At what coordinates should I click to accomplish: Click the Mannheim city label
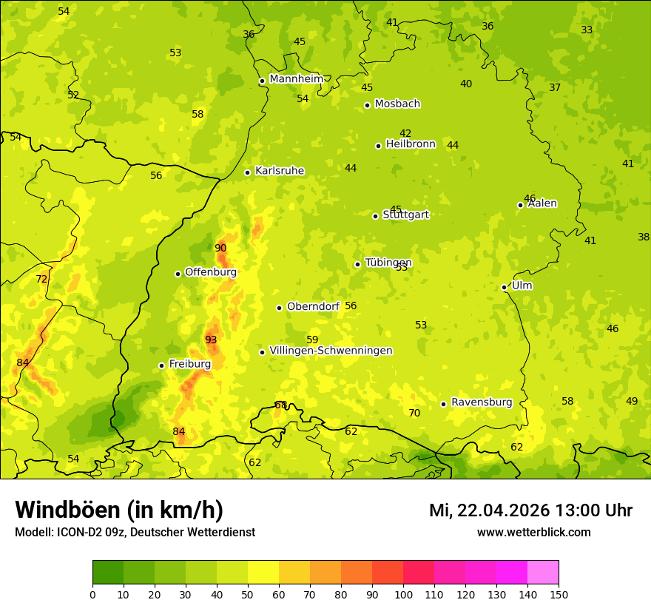pos(297,78)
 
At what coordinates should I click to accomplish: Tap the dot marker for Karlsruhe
pos(248,172)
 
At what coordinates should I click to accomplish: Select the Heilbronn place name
pos(411,144)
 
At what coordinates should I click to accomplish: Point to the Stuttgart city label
pos(406,215)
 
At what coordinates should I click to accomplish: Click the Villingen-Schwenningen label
pos(331,351)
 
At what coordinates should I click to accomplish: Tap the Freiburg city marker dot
pos(161,365)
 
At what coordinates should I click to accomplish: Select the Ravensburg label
pos(482,402)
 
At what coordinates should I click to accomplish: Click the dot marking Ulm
pos(505,287)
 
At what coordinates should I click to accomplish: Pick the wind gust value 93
pos(211,340)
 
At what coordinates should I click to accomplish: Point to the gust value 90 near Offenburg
pos(220,248)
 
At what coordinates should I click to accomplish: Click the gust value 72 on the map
pos(41,279)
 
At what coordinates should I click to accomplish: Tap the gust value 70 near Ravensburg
pos(414,413)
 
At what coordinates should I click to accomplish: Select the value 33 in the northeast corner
pos(587,30)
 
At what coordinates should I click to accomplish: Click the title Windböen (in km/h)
pos(119,510)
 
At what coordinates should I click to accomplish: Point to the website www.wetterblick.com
pos(533,532)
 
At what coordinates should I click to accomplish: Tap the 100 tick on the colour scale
pos(403,593)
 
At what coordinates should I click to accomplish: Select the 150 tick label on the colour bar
pos(559,593)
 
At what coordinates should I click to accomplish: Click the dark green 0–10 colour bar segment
pos(108,573)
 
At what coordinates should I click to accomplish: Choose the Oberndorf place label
pos(313,306)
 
